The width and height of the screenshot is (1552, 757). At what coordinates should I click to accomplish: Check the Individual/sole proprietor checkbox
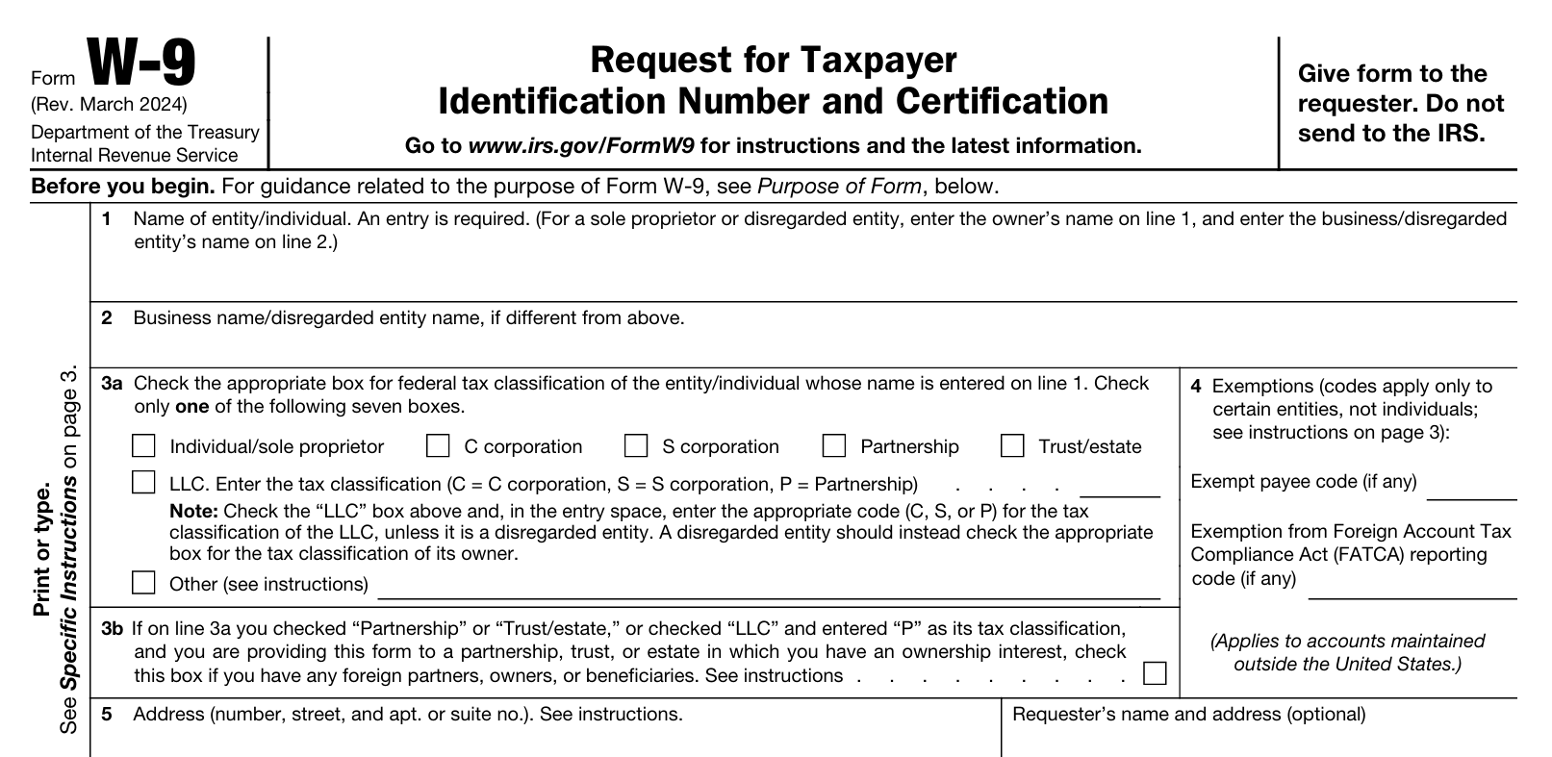pos(143,445)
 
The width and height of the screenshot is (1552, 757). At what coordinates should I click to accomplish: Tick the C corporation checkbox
pos(438,445)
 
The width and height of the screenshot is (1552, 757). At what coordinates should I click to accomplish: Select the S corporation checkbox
pos(636,445)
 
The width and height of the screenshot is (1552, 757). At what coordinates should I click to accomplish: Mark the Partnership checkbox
pos(834,445)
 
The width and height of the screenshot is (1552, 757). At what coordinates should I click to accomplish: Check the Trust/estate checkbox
pos(1012,445)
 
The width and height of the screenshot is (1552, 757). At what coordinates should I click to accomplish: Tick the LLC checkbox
pos(143,482)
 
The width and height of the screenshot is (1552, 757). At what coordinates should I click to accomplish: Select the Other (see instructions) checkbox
pos(143,582)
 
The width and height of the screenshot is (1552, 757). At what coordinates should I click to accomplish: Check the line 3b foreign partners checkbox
pos(1155,672)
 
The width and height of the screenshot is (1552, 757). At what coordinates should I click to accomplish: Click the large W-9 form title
pos(142,63)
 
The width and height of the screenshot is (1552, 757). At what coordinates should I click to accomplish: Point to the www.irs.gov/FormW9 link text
pos(580,146)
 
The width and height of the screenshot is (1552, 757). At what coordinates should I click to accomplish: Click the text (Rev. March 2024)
pos(109,105)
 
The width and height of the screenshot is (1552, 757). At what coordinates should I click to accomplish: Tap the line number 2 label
pos(107,318)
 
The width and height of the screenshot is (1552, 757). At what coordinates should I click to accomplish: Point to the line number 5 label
pos(107,715)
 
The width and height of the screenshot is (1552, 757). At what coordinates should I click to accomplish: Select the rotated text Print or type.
pos(42,551)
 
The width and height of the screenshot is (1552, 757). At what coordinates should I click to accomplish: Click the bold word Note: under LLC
pos(193,512)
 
